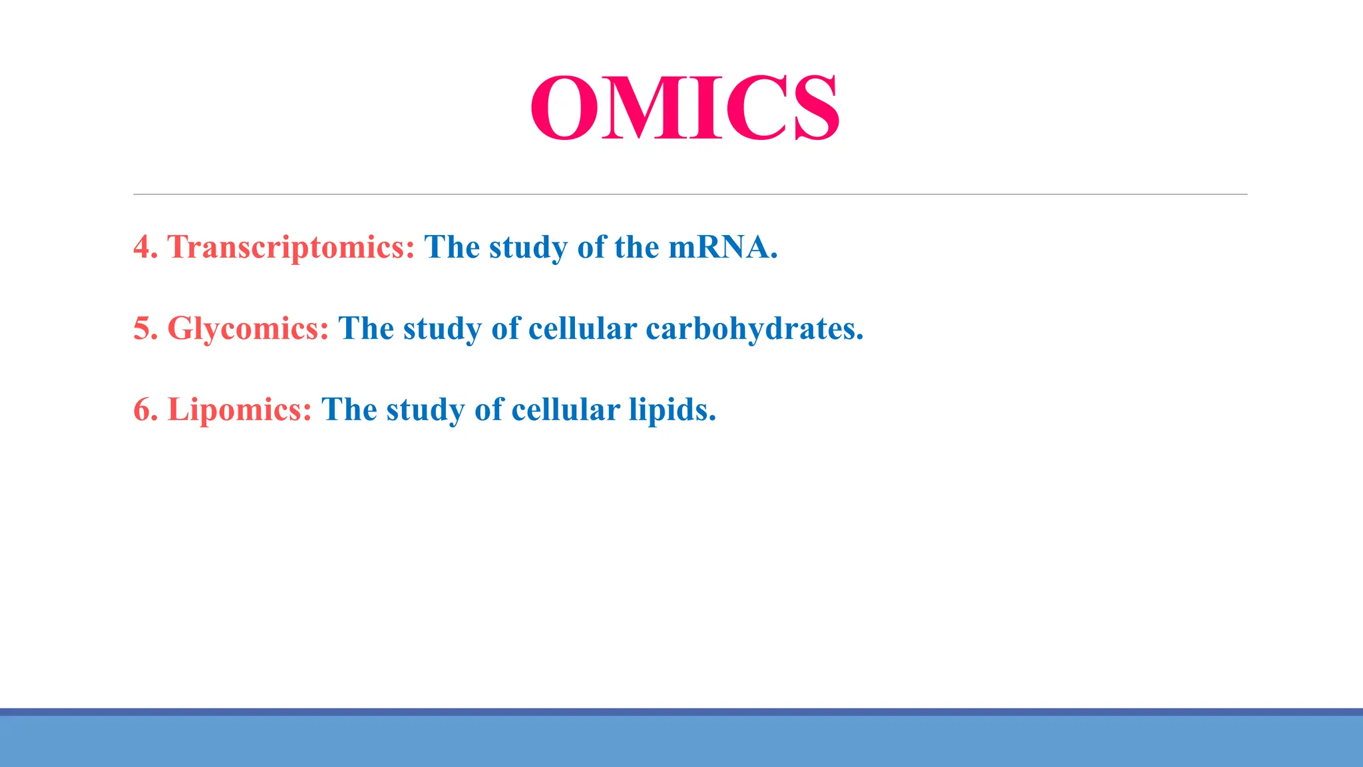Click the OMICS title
pos(684,108)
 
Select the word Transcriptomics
pos(291,248)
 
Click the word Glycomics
pos(248,329)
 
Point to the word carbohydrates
pos(754,329)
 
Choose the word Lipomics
pos(240,410)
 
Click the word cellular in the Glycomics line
pos(582,329)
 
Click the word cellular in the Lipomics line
pos(566,410)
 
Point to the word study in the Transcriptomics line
pos(528,248)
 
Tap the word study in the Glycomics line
pos(443,329)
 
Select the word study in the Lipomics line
pos(426,410)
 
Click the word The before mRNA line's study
pos(452,248)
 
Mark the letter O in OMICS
pos(563,108)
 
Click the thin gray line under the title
pos(689,194)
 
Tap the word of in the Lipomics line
pos(488,410)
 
